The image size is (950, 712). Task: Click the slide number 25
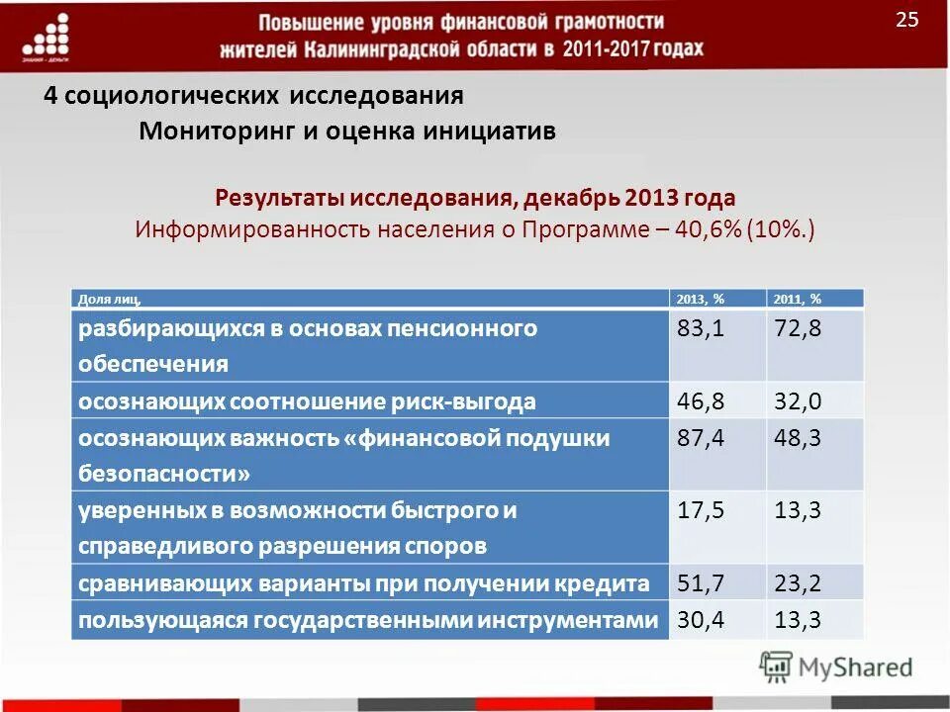tap(907, 20)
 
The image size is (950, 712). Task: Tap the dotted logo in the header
tap(46, 40)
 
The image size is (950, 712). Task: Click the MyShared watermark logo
tap(835, 667)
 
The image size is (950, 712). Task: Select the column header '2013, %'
tap(700, 299)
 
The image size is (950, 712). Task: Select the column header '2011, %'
tap(797, 299)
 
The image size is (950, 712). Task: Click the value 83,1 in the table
tap(701, 329)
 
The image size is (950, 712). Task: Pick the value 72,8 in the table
tap(798, 329)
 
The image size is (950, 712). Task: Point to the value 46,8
tap(701, 400)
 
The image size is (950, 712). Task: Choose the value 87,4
tap(701, 438)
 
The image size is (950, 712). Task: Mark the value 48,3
tap(798, 438)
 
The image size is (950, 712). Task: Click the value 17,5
tap(701, 510)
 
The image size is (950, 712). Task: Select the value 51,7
tap(701, 582)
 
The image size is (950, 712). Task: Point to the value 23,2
tap(798, 582)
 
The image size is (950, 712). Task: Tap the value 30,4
tap(701, 620)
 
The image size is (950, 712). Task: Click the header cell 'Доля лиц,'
tap(110, 299)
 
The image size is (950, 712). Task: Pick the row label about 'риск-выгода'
tap(308, 401)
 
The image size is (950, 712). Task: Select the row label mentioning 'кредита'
tap(365, 583)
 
